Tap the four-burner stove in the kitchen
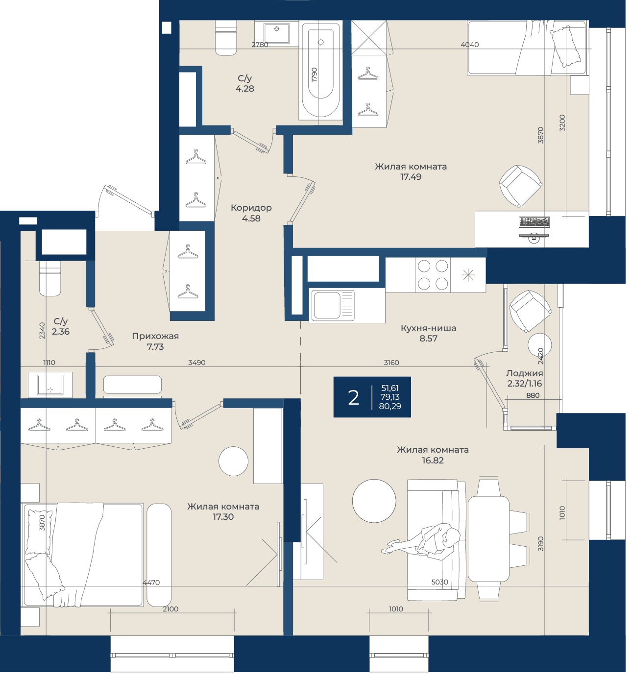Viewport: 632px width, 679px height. click(x=433, y=275)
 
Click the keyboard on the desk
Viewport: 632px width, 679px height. click(x=534, y=222)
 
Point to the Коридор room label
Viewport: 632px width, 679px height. click(x=251, y=208)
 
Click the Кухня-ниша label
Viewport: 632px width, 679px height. click(x=429, y=328)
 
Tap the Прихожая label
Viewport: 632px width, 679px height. click(x=155, y=336)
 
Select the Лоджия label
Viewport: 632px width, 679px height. click(x=524, y=373)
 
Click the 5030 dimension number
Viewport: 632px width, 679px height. click(x=439, y=582)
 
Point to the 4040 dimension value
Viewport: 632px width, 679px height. click(x=469, y=45)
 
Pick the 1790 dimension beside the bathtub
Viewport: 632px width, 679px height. click(x=315, y=75)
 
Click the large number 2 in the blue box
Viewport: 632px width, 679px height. click(x=353, y=397)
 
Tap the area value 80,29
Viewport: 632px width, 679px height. click(x=390, y=406)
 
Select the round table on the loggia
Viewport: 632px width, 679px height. click(x=540, y=345)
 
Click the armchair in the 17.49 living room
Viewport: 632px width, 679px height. click(x=520, y=186)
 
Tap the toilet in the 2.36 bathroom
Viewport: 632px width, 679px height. click(x=50, y=278)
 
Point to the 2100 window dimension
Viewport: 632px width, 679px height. click(x=170, y=609)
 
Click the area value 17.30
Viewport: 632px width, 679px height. click(x=223, y=517)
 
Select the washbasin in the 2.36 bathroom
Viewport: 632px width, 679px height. click(x=50, y=385)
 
